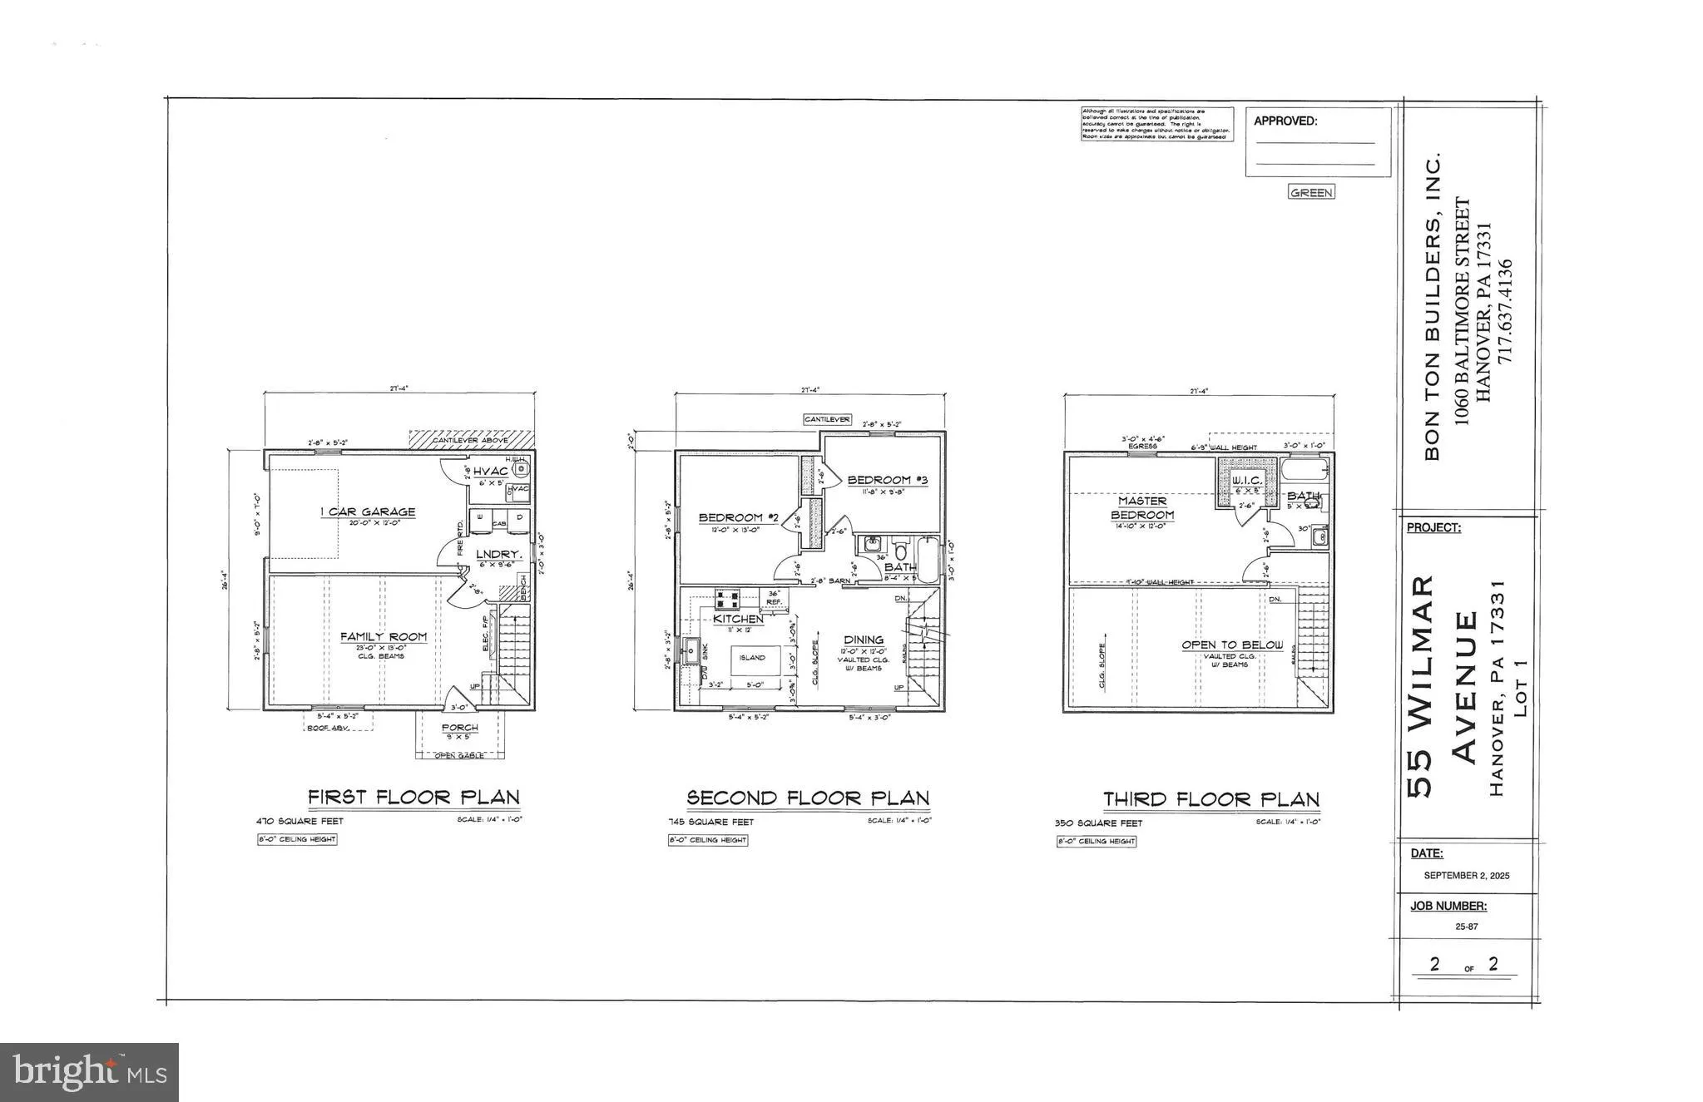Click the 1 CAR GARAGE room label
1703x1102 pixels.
pos(368,512)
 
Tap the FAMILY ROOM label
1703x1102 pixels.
pos(384,637)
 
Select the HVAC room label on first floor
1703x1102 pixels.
pos(491,472)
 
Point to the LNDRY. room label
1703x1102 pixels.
pos(499,554)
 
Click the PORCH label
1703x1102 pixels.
pos(460,728)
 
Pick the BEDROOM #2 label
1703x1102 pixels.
pos(738,518)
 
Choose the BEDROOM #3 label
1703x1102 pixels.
pos(887,480)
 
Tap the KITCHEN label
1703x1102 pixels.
pos(738,619)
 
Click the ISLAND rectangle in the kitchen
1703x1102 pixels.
pos(752,658)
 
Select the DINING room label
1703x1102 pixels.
pos(863,640)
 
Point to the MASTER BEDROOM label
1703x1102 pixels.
pos(1142,508)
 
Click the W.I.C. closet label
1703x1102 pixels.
pos(1247,481)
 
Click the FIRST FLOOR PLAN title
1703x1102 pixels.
pos(413,797)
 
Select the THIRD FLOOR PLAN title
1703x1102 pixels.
pos(1211,800)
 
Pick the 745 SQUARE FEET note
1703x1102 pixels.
pos(711,822)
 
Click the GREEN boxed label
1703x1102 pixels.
pos(1311,193)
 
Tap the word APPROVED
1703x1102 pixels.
pos(1285,121)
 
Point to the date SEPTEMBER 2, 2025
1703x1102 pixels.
pos(1466,876)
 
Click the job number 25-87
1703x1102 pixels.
pos(1466,927)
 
